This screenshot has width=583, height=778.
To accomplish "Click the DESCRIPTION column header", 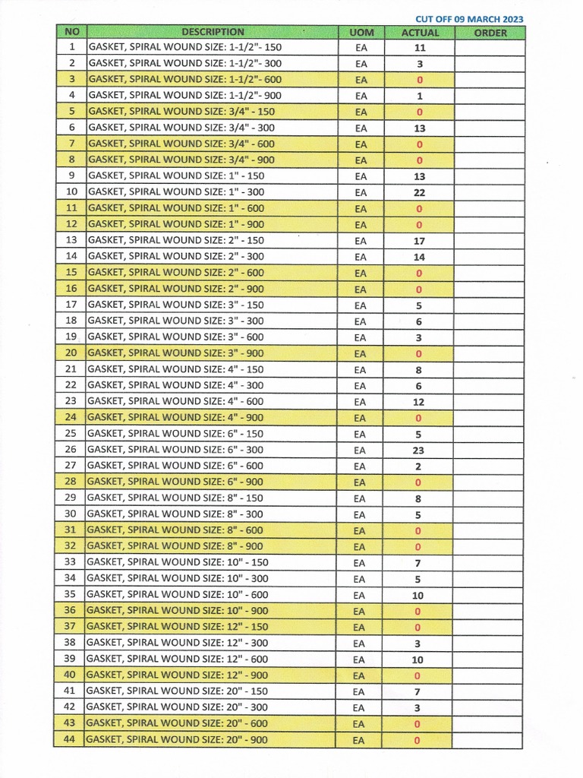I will (213, 32).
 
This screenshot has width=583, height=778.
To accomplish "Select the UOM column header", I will (361, 33).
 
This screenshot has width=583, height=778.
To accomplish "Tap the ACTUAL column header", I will (420, 33).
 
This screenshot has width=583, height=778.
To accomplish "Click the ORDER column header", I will (490, 33).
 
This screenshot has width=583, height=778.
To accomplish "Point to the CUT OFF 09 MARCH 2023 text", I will (469, 19).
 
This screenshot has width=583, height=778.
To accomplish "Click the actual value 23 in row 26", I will (418, 450).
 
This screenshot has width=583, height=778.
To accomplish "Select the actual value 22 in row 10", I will (419, 192).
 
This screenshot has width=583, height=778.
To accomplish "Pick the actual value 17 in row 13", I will (419, 241).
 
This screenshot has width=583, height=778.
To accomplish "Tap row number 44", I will (70, 739).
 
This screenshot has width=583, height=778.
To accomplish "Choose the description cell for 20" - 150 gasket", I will (178, 691).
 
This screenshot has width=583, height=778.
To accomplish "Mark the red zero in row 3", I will (419, 80).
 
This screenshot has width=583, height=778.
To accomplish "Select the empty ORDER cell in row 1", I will (490, 48).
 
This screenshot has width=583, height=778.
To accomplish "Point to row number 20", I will (71, 353).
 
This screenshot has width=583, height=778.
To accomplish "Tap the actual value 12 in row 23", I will (418, 402).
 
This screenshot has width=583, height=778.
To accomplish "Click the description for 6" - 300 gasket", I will (178, 450).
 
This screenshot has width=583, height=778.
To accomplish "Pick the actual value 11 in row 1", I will (419, 48).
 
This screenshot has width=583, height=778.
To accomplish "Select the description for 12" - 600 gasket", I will (178, 659).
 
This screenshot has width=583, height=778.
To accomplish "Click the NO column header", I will (71, 32).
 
